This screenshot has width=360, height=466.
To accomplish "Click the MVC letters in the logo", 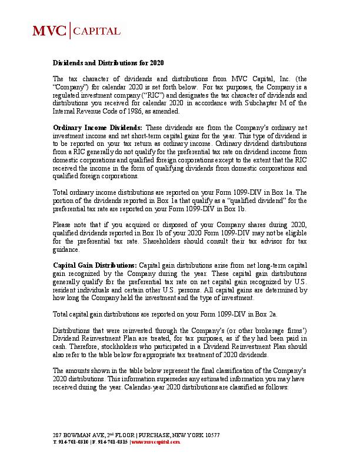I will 49,31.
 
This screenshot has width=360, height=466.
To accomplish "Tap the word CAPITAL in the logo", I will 96,31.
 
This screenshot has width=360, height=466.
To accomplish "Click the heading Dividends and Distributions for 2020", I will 108,62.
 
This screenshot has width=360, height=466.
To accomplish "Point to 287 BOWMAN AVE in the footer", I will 74,435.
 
